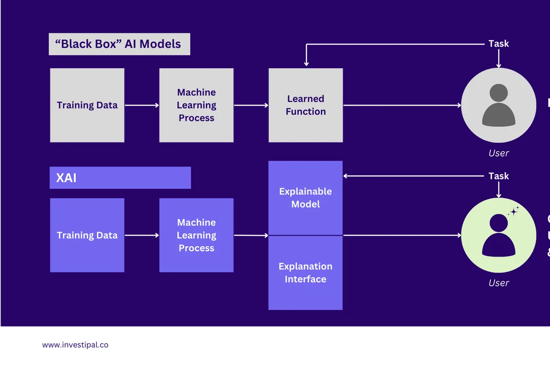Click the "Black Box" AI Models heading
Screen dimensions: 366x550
(119, 44)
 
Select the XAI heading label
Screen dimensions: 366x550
(120, 178)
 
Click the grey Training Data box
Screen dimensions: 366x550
(87, 105)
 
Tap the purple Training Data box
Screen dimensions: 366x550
(87, 235)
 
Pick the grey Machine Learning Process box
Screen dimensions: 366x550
(196, 105)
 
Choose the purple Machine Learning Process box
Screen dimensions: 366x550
(196, 235)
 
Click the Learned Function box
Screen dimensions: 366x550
(306, 105)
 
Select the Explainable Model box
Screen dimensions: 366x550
(306, 198)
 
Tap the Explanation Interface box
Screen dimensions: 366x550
(306, 273)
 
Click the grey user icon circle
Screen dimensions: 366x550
(498, 105)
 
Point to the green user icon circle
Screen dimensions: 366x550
(498, 235)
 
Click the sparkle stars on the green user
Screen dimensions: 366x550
(513, 211)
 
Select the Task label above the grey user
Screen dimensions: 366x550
(499, 43)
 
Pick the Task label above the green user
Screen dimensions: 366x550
(499, 176)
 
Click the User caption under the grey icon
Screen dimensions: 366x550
(499, 153)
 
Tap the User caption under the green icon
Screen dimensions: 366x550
(499, 283)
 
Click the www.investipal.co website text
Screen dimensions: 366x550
(75, 345)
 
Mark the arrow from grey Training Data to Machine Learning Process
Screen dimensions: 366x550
(142, 105)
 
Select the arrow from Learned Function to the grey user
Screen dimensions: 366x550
(402, 105)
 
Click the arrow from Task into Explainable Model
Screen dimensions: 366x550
(412, 176)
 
